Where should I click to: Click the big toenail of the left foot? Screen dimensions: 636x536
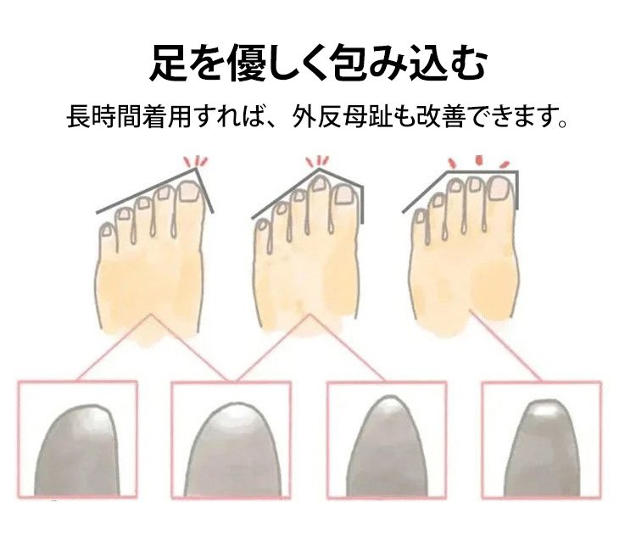187,192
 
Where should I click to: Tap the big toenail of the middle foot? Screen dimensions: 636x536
343,195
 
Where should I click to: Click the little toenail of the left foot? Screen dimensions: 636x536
107,231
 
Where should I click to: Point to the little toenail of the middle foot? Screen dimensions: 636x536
263,226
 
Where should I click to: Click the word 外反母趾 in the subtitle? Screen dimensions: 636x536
343,117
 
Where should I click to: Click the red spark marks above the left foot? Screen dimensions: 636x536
196,161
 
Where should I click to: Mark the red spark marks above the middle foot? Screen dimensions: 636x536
318,161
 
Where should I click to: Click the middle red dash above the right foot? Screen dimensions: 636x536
479,160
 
